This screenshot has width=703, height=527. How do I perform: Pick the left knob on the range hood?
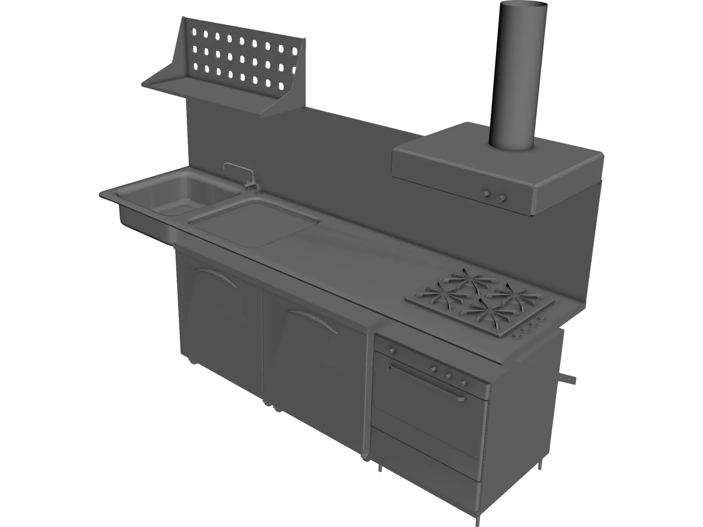click(x=487, y=193)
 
